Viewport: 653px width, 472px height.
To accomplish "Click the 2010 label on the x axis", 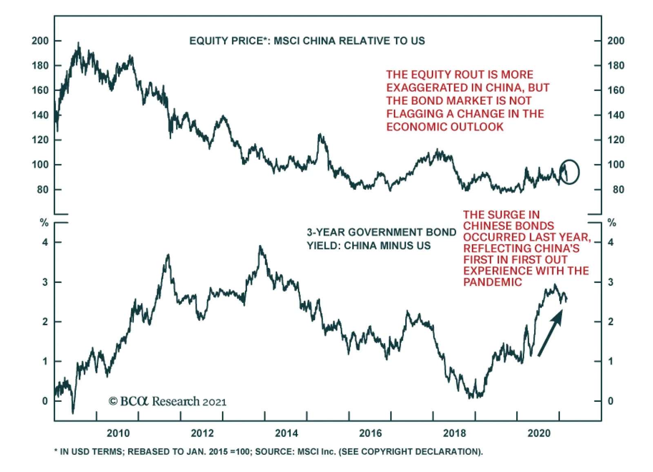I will (118, 433).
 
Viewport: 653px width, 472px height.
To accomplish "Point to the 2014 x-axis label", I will (287, 433).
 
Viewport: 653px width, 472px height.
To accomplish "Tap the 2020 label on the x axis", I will (539, 433).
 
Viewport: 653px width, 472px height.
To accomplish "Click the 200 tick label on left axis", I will (40, 41).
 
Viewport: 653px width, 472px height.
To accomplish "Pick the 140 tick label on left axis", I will (40, 115).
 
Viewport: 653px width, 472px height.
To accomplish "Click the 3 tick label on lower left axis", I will (45, 282).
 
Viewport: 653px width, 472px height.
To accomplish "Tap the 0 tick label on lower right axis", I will (610, 401).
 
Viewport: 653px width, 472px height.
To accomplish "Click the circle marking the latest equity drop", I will (569, 172).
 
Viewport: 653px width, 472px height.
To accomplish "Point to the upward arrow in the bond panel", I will (550, 333).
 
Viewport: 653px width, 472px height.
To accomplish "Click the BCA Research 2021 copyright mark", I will (167, 401).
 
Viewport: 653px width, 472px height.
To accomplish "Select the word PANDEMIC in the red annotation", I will (492, 282).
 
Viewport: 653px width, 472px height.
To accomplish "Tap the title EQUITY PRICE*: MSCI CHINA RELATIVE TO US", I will (307, 41).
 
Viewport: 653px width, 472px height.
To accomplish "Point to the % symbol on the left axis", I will (44, 223).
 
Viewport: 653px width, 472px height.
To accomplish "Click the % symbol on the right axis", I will (611, 223).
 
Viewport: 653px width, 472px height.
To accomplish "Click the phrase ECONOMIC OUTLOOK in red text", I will (445, 127).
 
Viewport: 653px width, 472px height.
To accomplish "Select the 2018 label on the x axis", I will (454, 433).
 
